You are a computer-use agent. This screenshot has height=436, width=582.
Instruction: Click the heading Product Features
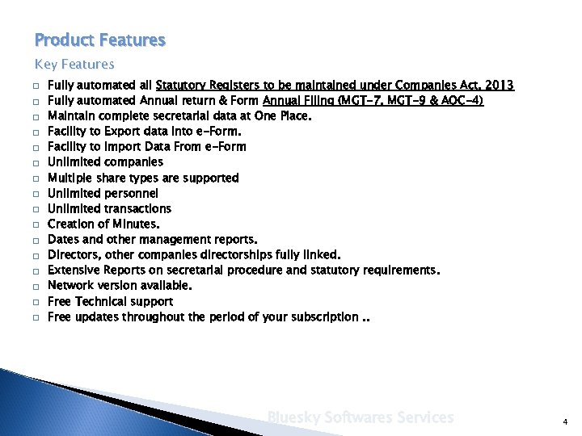(100, 40)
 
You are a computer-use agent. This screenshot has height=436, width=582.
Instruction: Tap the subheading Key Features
(74, 64)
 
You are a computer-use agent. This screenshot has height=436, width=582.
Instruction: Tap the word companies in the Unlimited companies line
(133, 162)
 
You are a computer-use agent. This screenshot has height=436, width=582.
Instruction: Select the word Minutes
(137, 224)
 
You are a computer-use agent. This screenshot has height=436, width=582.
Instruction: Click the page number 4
(565, 421)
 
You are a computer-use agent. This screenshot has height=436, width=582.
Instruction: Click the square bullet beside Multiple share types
(37, 178)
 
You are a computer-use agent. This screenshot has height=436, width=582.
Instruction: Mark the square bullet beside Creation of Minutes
(37, 224)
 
